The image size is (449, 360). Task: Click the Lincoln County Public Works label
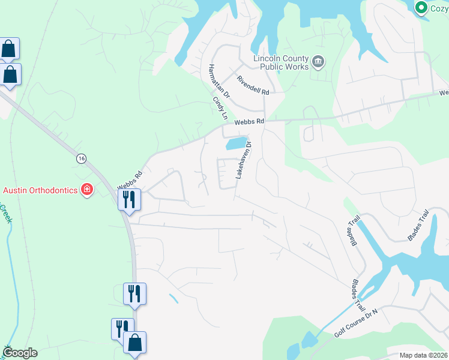pyautogui.click(x=281, y=62)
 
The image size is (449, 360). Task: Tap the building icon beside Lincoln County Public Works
pyautogui.click(x=318, y=61)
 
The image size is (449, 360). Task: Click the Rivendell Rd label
pyautogui.click(x=253, y=85)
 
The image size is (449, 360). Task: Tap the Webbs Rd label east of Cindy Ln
pyautogui.click(x=249, y=122)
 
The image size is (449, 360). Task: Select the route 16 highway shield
pyautogui.click(x=81, y=158)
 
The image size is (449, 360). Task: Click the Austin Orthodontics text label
pyautogui.click(x=40, y=190)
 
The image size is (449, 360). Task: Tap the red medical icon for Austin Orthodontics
pyautogui.click(x=87, y=190)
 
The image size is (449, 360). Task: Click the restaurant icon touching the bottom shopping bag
pyautogui.click(x=122, y=328)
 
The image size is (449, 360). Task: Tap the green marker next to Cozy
pyautogui.click(x=421, y=7)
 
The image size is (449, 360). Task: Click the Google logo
pyautogui.click(x=20, y=353)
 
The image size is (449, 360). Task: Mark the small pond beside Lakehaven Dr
pyautogui.click(x=236, y=143)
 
